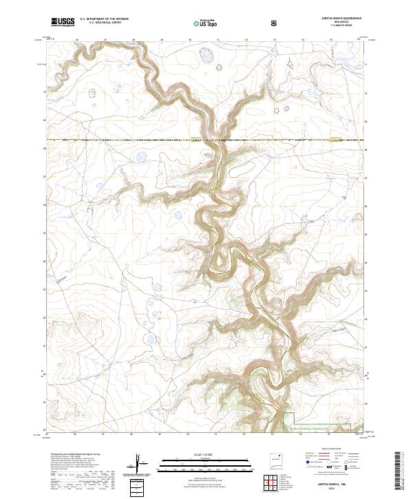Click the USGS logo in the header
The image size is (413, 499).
(x=63, y=23)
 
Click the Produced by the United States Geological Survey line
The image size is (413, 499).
(x=73, y=455)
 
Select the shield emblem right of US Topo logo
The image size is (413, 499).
(x=275, y=23)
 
